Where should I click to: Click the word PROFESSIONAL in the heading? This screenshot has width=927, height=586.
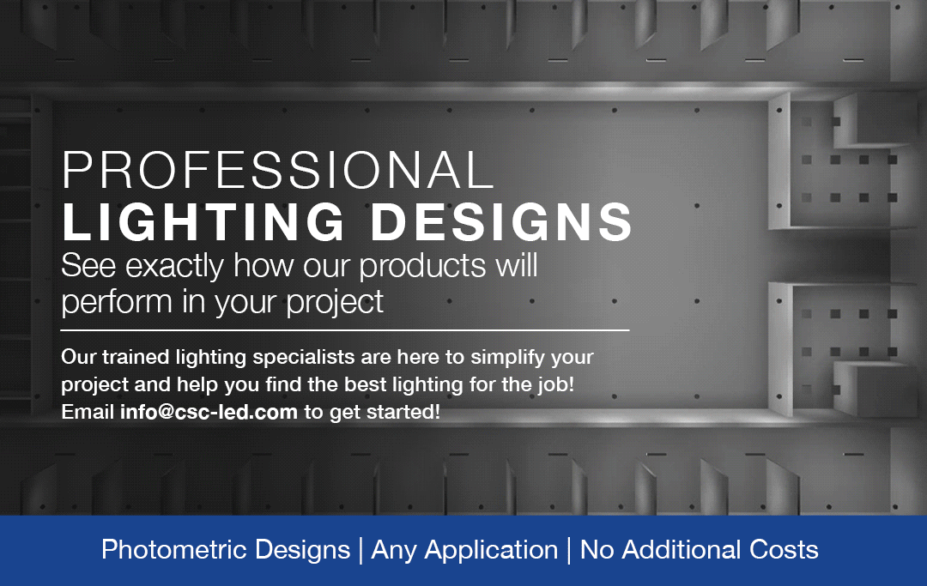[278, 170]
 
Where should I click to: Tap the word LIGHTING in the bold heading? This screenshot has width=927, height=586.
[203, 222]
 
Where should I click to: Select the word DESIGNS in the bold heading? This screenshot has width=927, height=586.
[502, 222]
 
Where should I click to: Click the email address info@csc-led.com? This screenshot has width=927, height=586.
[209, 412]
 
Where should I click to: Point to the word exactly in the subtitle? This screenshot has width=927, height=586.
[175, 267]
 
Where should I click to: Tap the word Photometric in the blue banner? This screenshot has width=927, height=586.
[175, 549]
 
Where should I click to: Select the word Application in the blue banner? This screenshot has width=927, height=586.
[491, 551]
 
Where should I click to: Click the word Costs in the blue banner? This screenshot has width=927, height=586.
[784, 549]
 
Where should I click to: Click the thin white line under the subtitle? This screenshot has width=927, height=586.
[345, 330]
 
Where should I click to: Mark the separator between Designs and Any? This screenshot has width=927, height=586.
[360, 551]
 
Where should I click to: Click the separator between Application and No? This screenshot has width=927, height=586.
[569, 551]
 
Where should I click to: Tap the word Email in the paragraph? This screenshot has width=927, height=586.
[88, 412]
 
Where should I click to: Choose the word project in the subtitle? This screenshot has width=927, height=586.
[335, 303]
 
